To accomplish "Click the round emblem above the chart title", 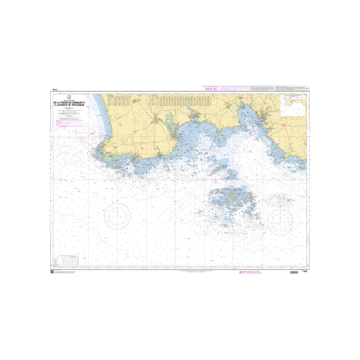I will coord(69,96).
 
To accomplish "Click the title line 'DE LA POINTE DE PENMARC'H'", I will coord(69,102).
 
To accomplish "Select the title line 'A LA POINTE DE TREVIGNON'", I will coord(69,104).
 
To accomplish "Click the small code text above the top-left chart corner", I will coord(55,90).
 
